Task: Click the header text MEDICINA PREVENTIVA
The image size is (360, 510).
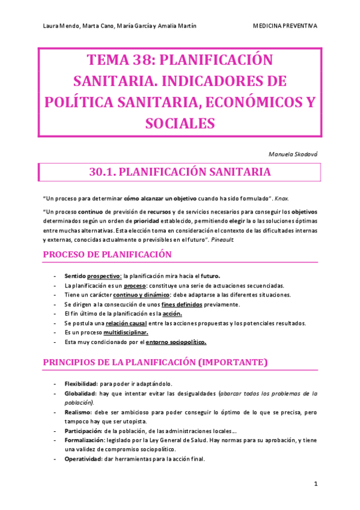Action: [x=285, y=26]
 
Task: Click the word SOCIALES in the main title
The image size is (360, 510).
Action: [x=180, y=123]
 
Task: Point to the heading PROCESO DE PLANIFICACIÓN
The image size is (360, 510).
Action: [x=107, y=254]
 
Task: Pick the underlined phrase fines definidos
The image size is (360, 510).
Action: [x=183, y=304]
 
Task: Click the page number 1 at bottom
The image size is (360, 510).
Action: [x=316, y=484]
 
